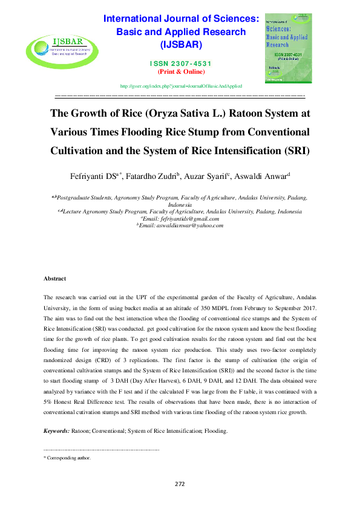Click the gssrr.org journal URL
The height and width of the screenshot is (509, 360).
point(181,86)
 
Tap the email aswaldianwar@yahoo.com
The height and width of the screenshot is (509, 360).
point(182,225)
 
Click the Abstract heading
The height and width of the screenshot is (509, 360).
point(55,279)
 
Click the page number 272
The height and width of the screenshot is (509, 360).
point(180,484)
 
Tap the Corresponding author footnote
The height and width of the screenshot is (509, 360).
point(67,458)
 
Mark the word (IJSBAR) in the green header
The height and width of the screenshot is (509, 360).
point(180,45)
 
